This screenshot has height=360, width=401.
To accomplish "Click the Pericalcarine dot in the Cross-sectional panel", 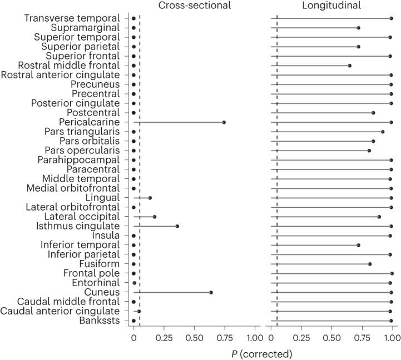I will (x=224, y=122).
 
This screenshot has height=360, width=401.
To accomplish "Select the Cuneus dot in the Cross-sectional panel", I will (x=211, y=292).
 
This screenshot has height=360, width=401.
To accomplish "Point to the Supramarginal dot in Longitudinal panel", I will (x=358, y=28).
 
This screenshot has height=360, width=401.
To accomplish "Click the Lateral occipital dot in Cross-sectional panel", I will (x=154, y=217).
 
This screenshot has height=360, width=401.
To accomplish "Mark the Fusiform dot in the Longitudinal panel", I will (x=369, y=264).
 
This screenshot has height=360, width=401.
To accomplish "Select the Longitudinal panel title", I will (x=331, y=6).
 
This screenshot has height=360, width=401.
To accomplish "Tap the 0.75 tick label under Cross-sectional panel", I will (x=224, y=338).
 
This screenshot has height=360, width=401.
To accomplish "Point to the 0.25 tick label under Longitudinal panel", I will (x=301, y=338).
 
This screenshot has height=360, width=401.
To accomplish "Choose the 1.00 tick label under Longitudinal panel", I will (x=392, y=338).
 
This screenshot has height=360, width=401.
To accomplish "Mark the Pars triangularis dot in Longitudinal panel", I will (x=383, y=132).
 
